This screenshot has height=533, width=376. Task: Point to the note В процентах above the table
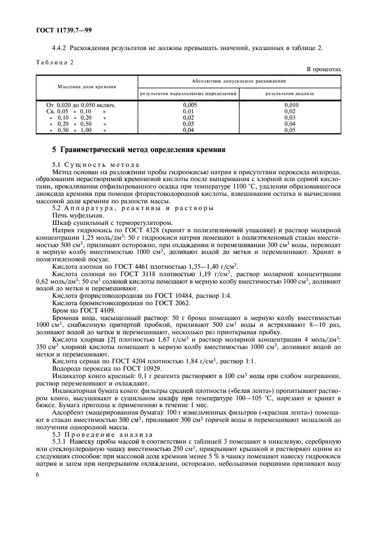pyautogui.click(x=324, y=69)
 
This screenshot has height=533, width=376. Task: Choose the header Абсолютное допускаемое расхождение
pyautogui.click(x=239, y=81)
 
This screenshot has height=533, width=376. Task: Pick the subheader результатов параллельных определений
pyautogui.click(x=188, y=93)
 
